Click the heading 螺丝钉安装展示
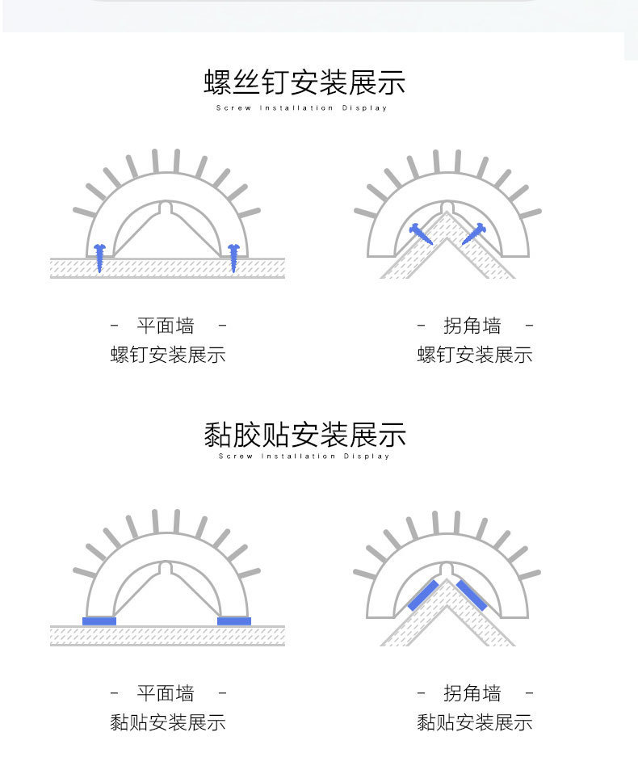click(304, 82)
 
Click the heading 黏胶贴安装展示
click(304, 434)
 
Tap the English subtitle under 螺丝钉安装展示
click(302, 108)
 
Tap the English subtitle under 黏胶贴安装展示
click(304, 457)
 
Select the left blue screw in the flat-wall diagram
click(99, 256)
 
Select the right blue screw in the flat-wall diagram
click(233, 256)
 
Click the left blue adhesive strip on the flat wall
click(99, 621)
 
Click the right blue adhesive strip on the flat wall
click(234, 621)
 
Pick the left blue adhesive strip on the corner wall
click(423, 595)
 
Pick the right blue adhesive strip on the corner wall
click(473, 595)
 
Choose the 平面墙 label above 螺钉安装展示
click(166, 326)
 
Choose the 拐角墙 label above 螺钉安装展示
click(472, 326)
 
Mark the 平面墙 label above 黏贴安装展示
click(166, 693)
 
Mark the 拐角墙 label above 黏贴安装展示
click(472, 693)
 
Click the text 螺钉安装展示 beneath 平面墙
click(168, 355)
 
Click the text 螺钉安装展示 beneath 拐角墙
click(475, 355)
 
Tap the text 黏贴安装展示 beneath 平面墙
click(168, 722)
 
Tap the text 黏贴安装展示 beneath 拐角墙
click(475, 722)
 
